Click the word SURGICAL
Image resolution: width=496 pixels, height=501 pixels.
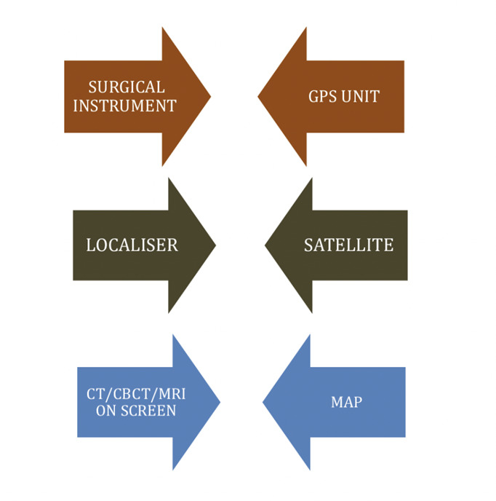(127, 87)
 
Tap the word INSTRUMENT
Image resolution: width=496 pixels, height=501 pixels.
(125, 106)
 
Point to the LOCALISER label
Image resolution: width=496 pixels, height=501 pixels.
(132, 245)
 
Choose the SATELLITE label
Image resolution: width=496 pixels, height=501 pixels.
(348, 245)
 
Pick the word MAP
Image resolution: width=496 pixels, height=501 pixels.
(346, 402)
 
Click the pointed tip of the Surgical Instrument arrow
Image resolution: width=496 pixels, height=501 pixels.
(210, 96)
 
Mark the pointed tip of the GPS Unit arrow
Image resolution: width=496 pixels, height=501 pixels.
(258, 96)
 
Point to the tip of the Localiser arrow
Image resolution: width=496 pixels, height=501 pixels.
(215, 245)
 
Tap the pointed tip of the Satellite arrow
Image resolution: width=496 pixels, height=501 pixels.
(265, 245)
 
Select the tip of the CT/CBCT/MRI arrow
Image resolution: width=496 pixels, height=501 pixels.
(220, 401)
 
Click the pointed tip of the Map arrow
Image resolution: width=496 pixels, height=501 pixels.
(263, 401)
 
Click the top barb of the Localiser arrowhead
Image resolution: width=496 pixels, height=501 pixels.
(169, 178)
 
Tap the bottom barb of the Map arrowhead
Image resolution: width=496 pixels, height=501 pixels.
(310, 468)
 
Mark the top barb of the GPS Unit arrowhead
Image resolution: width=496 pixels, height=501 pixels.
(306, 28)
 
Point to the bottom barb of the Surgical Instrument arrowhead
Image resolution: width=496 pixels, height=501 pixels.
(162, 165)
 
